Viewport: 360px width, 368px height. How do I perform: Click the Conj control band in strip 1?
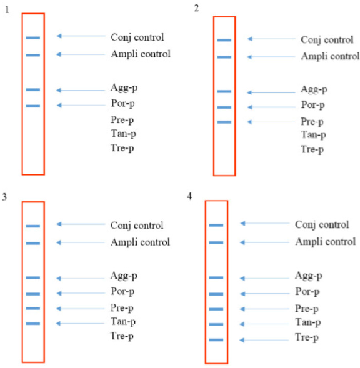pos(33,37)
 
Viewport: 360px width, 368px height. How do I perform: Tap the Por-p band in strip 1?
pos(33,106)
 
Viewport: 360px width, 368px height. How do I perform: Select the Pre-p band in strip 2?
pos(224,122)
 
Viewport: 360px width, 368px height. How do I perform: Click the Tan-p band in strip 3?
pos(33,324)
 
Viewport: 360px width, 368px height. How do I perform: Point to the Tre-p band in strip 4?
pos(216,340)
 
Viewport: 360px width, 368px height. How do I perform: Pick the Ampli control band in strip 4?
pos(216,242)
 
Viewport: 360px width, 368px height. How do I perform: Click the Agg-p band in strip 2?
pos(224,91)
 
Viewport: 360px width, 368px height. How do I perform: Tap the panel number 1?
pos(7,10)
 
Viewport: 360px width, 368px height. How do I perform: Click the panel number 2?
pos(196,9)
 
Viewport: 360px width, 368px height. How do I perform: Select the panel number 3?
pos(4,197)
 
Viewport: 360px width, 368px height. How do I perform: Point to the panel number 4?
pos(189,196)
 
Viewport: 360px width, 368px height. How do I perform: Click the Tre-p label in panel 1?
pos(122,148)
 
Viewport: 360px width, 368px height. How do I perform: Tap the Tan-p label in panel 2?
pos(314,135)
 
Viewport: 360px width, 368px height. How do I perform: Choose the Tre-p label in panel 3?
pos(122,336)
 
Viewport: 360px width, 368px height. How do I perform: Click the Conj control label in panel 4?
pos(322,225)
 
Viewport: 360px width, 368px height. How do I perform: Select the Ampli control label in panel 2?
pos(330,57)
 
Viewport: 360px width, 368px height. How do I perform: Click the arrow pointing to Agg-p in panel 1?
pos(81,91)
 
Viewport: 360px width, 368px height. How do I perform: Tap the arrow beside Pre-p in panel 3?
pos(81,309)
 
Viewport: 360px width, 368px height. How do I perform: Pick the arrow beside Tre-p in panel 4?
pos(264,340)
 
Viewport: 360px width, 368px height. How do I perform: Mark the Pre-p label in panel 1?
pos(122,120)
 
